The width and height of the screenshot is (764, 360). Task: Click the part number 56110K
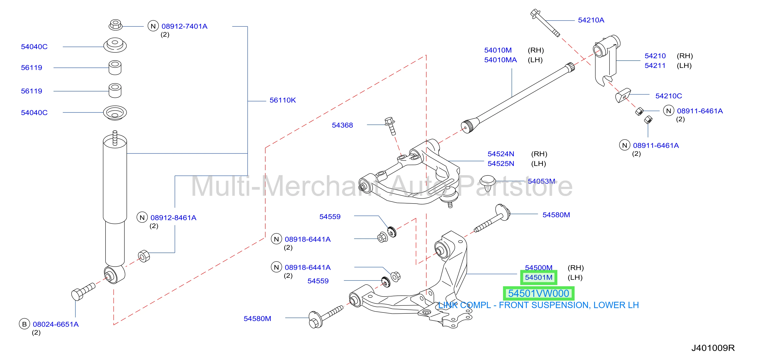[282, 100]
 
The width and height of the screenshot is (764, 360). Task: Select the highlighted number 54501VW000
[539, 293]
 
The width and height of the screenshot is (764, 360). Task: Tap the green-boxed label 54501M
[539, 277]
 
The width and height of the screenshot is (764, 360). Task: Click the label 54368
[342, 125]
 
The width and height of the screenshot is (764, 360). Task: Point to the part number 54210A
[591, 20]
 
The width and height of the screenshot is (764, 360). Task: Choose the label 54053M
[541, 181]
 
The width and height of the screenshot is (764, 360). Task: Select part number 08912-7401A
[184, 26]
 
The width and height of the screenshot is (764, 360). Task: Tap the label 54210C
[668, 96]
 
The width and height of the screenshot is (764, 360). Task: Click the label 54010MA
[500, 60]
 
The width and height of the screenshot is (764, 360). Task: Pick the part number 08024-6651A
[56, 324]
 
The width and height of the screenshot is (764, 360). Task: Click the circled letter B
[24, 324]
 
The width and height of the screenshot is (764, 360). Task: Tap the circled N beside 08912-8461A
[142, 217]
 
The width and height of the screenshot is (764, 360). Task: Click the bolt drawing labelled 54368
[390, 126]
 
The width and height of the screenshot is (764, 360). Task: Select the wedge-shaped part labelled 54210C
[623, 95]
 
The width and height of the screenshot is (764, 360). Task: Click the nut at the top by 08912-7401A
[115, 25]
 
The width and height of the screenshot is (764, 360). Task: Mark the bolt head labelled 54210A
[535, 13]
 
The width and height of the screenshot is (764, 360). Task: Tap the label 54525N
[501, 164]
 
